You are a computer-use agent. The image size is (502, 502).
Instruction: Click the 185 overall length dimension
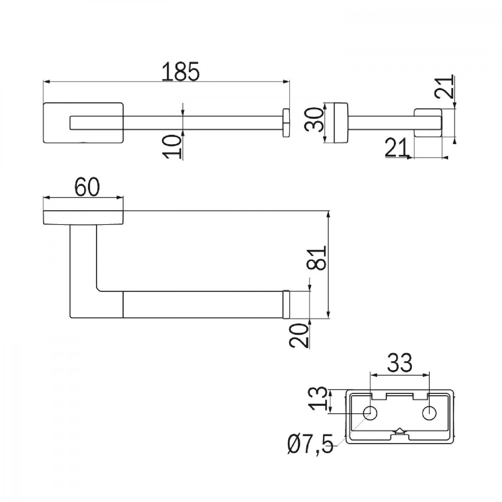180,71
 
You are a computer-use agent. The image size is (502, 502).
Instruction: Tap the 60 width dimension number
87,187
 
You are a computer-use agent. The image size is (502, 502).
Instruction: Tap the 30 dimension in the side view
314,120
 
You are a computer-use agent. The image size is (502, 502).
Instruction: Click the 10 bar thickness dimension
171,147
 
